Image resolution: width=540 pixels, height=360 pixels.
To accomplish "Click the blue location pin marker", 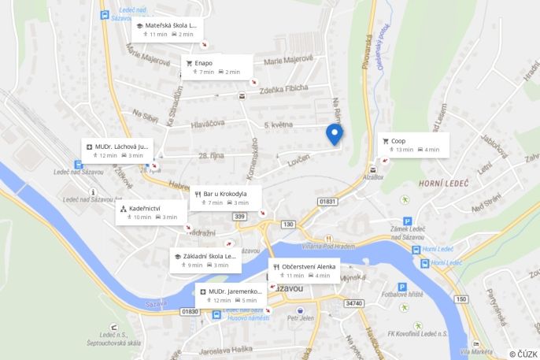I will (x=335, y=134).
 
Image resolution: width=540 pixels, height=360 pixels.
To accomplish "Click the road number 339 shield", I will (x=239, y=217).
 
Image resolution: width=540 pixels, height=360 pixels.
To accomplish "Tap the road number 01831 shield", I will (x=328, y=202).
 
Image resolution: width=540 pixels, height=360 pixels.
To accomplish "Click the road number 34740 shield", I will (x=354, y=303).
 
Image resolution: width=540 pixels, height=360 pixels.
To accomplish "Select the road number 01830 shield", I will (x=190, y=311).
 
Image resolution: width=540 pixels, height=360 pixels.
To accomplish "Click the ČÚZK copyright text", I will (x=523, y=354).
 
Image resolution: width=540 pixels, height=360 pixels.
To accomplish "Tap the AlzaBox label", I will (x=373, y=178).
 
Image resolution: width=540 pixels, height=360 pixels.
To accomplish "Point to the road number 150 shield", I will (x=461, y=299).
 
